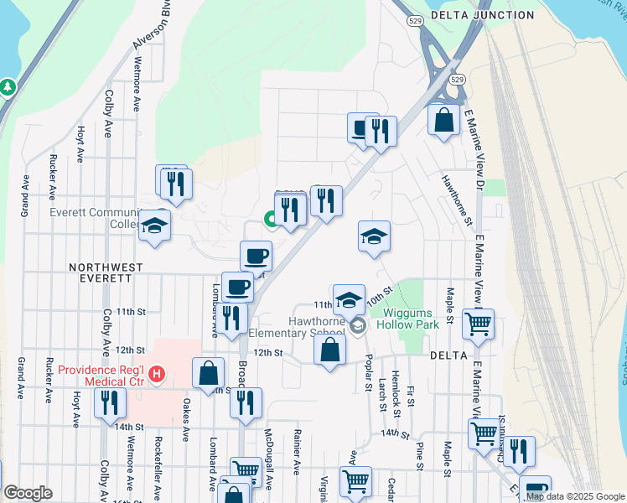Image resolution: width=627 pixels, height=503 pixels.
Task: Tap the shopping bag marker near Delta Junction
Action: [443, 120]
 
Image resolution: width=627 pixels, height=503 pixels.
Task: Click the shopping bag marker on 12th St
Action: [330, 349]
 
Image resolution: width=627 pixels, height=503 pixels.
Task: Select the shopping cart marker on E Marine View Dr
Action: [478, 324]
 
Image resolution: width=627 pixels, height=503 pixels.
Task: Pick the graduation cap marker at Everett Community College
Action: [154, 227]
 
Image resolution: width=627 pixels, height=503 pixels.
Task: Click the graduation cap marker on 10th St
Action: [349, 299]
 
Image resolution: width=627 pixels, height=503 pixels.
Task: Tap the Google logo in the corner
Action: [28, 493]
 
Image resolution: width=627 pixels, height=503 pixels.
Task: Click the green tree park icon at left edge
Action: [8, 86]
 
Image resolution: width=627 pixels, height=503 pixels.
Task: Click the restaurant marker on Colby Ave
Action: [110, 402]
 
